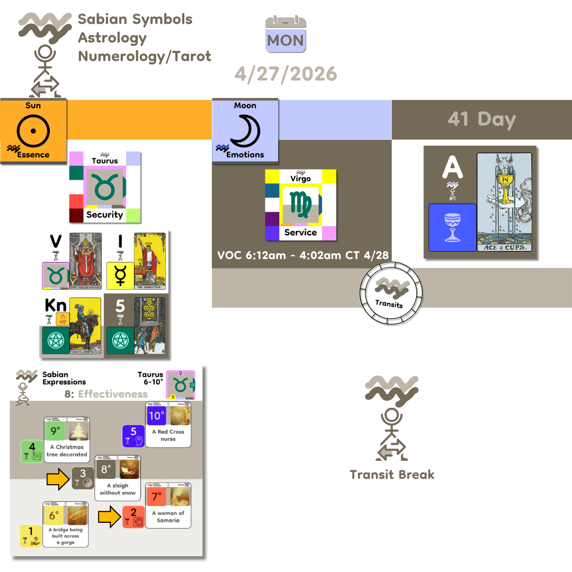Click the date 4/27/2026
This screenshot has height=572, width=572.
pos(285,74)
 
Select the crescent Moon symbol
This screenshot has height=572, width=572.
pos(245,129)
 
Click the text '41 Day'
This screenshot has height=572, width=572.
pos(481,119)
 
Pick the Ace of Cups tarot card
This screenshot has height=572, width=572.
pos(506,202)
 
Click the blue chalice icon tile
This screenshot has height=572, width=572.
pos(452,228)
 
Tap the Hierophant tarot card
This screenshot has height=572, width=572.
pos(85,261)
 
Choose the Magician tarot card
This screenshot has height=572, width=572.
pos(150,261)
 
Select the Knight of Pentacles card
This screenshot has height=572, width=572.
pos(85,326)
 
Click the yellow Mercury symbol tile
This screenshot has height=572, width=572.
pos(120,276)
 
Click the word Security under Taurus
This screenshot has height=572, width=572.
pos(104,215)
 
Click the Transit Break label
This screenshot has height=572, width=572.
pos(392,474)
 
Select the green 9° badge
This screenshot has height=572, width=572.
pos(54,431)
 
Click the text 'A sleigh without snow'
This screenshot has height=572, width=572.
pos(118,489)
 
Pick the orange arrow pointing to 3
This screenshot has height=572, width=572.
pos(58,479)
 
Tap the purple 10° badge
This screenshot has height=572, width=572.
pos(156,415)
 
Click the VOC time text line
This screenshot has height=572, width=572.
pos(303,255)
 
